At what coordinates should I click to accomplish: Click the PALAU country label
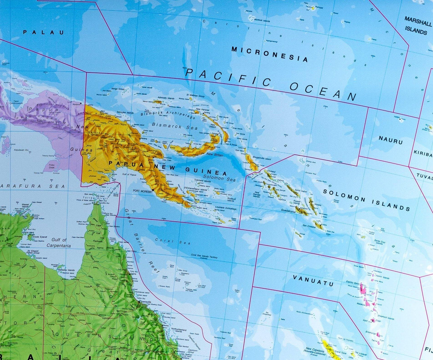(x=43, y=32)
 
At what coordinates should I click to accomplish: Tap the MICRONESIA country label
(x=270, y=54)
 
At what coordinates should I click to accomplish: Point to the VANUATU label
(x=313, y=280)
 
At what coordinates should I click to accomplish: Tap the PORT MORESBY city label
(x=142, y=191)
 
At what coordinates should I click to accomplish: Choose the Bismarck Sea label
(x=175, y=126)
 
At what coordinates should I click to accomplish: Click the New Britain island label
(x=214, y=155)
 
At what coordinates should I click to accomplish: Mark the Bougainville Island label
(x=262, y=159)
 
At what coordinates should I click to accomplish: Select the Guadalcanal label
(x=289, y=211)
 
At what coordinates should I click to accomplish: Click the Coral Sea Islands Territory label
(x=204, y=256)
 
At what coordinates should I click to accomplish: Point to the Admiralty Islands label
(x=166, y=98)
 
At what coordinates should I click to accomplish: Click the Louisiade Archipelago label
(x=226, y=208)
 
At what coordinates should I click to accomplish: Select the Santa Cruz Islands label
(x=380, y=242)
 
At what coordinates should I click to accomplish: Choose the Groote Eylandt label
(x=40, y=237)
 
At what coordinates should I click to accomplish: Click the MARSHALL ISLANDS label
(x=417, y=25)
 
